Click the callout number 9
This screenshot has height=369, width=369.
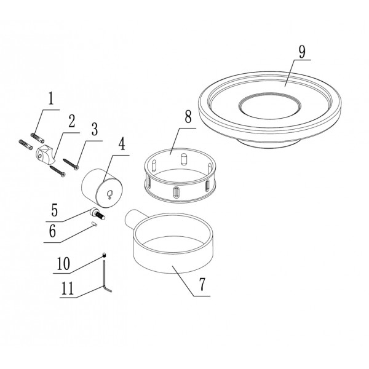click(302, 52)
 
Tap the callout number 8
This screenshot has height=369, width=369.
click(188, 116)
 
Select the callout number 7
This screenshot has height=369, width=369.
click(202, 284)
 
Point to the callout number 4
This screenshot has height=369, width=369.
click(121, 144)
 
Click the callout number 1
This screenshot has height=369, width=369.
click(51, 98)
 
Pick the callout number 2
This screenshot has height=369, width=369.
click(72, 121)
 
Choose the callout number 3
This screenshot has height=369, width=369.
click(94, 129)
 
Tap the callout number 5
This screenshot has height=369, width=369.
click(54, 210)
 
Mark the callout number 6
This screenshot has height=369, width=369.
click(52, 231)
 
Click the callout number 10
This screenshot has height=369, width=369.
click(63, 263)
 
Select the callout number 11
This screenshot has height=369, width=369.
click(68, 288)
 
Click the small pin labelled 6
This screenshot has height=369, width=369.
click(95, 224)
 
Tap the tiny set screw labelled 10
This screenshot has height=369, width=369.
click(105, 255)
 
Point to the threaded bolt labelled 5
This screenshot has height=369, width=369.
click(97, 213)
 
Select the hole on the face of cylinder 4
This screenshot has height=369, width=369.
click(109, 194)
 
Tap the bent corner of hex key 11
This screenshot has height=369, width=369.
click(104, 287)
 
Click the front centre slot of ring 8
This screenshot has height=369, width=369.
click(177, 192)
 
